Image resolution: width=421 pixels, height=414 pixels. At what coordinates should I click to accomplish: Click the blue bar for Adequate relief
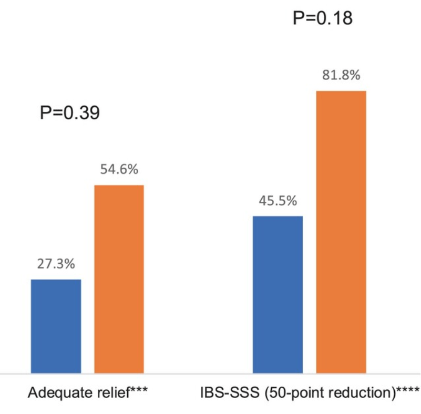click(x=56, y=326)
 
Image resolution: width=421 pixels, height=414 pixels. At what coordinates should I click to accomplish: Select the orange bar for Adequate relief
click(x=119, y=278)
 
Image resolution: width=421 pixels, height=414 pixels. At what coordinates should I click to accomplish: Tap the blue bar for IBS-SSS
click(x=278, y=294)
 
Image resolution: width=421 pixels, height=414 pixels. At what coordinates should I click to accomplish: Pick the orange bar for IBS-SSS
click(x=341, y=231)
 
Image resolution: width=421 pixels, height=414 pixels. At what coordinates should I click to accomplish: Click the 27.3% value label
click(x=56, y=264)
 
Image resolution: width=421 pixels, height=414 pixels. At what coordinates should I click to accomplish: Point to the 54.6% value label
click(x=119, y=170)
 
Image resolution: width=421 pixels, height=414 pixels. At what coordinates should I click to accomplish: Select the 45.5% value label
click(x=278, y=201)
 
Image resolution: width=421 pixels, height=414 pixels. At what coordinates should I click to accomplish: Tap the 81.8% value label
click(x=341, y=75)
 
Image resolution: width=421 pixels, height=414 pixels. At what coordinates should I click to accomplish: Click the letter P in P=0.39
click(x=46, y=113)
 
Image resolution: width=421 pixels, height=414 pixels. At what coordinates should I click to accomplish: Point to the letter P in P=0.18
click(x=299, y=19)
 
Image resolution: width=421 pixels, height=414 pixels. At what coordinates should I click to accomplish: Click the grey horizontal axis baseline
click(x=200, y=374)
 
